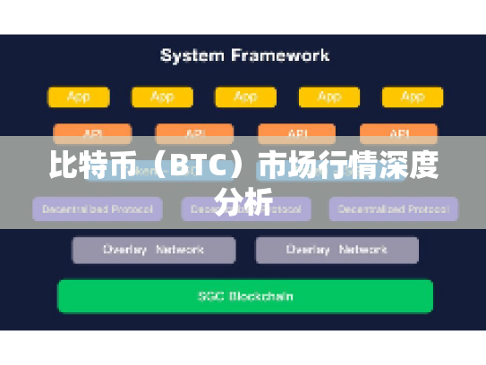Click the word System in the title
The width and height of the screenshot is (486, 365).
[191, 55]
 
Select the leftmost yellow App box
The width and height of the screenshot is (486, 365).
[79, 97]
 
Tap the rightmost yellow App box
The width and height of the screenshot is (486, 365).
[412, 97]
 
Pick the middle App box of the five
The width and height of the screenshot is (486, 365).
[244, 97]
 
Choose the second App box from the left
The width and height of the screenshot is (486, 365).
[162, 97]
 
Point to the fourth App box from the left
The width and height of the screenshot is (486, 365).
[328, 97]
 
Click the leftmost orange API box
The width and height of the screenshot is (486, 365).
[92, 132]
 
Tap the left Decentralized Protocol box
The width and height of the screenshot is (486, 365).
[98, 209]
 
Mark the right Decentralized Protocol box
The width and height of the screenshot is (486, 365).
[393, 209]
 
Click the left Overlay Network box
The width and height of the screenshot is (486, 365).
[154, 250]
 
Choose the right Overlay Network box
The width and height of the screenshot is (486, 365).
[337, 250]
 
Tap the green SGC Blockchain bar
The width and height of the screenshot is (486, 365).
[244, 296]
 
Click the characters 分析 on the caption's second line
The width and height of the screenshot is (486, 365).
[243, 202]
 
